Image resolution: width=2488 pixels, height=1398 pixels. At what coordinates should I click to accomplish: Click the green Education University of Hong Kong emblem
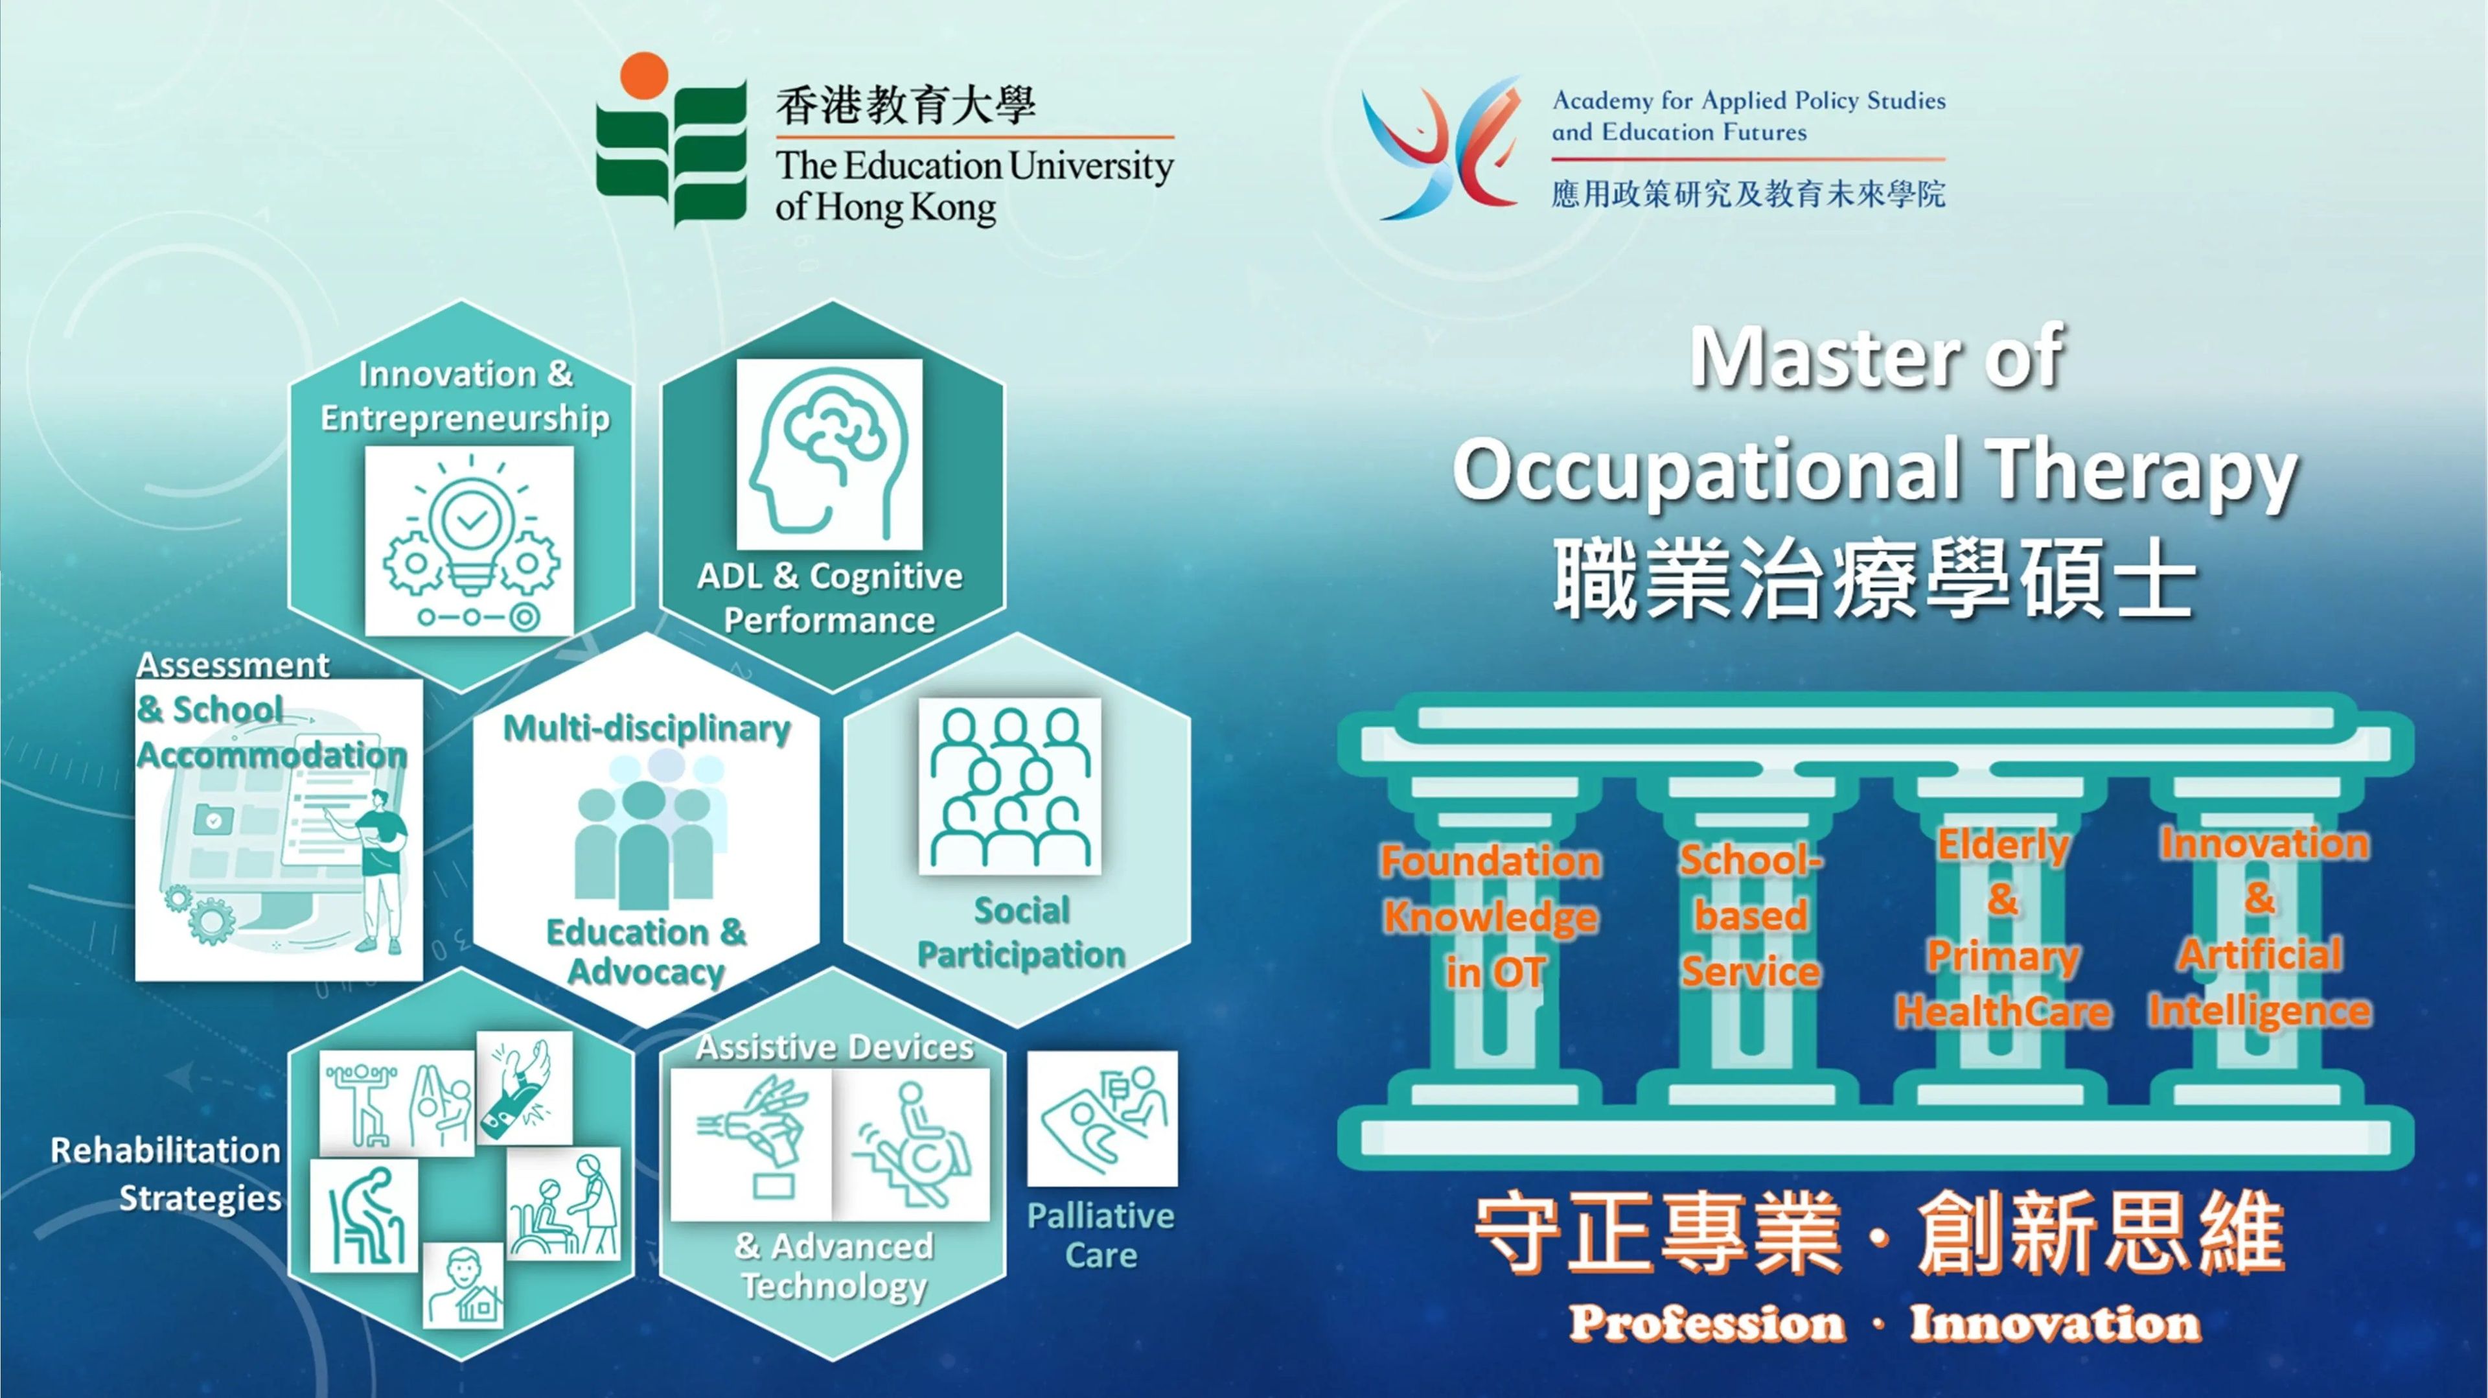[671, 140]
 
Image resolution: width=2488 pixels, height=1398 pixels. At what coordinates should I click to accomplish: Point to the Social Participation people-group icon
[1009, 786]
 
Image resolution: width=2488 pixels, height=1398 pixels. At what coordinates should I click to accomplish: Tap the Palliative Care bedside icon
[1102, 1119]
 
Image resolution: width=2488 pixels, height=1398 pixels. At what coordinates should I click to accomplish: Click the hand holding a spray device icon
[752, 1145]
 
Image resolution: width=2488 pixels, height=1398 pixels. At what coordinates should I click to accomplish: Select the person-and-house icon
[464, 1285]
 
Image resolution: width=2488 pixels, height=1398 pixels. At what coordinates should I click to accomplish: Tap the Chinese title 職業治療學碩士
[1874, 579]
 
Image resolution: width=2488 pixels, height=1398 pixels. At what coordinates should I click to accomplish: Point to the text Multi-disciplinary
[647, 727]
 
